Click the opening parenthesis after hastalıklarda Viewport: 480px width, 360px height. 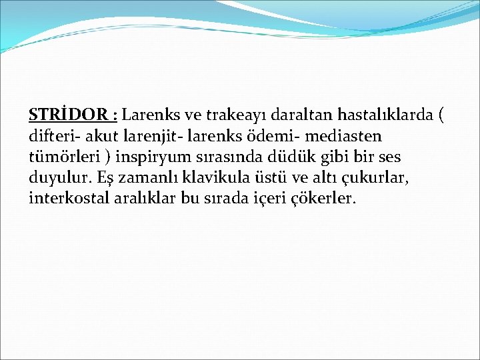tap(441, 115)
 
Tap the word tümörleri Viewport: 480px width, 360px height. tap(61, 157)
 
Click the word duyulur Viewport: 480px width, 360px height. tap(57, 178)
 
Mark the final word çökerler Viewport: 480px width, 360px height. tap(327, 199)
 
